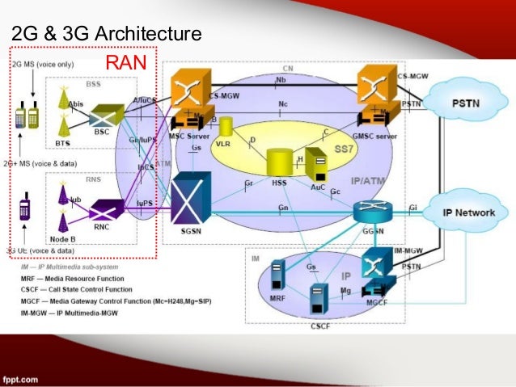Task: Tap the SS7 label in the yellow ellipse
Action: point(343,151)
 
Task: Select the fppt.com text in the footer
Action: point(20,377)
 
